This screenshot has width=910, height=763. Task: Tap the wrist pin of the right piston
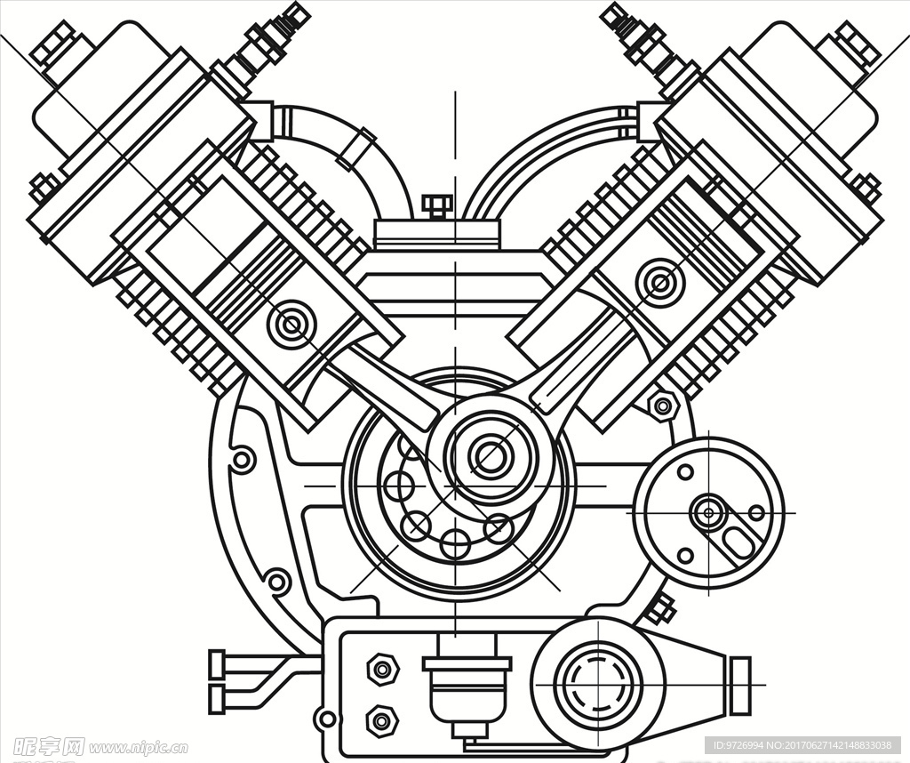659,284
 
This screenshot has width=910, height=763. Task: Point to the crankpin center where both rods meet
491,456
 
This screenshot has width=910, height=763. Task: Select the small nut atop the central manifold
436,206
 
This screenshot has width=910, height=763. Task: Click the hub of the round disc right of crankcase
708,511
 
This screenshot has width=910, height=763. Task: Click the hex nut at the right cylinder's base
663,406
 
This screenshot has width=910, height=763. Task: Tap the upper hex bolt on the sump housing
382,669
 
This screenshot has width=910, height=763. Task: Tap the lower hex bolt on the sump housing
382,720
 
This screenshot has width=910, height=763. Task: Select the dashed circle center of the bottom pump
598,684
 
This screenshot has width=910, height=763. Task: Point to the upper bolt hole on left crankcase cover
242,460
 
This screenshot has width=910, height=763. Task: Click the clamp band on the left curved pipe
355,147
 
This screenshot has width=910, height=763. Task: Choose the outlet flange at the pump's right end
739,686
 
